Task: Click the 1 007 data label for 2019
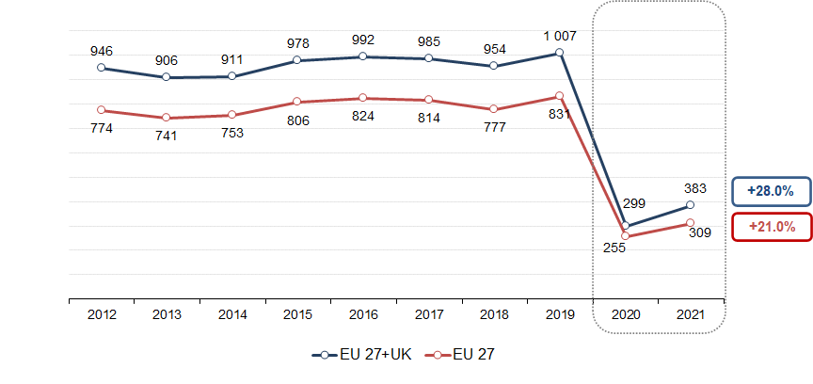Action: [560, 36]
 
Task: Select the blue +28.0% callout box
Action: [771, 191]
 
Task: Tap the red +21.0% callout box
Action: [771, 227]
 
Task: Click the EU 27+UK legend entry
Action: [365, 355]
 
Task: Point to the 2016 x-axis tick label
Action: [363, 313]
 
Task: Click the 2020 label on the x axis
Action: [626, 313]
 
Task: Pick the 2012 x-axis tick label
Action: [102, 313]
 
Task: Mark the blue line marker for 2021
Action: [690, 204]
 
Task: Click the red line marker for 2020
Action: [625, 235]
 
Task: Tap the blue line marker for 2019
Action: [560, 53]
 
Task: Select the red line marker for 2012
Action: [102, 110]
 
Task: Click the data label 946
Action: [102, 51]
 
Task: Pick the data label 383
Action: [695, 188]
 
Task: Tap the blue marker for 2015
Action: [297, 60]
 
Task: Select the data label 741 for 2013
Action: [167, 135]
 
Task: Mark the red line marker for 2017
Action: [428, 100]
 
